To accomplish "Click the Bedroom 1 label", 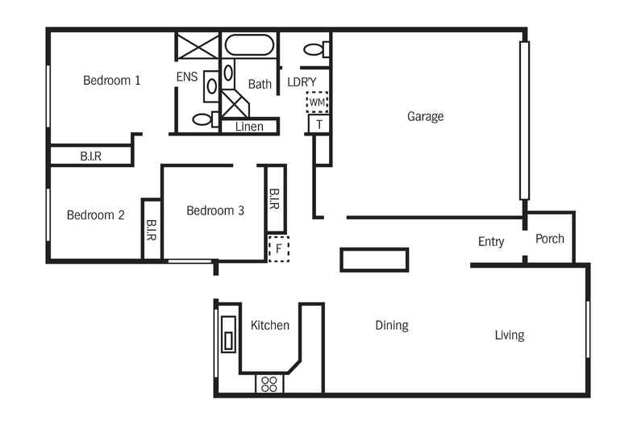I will (112, 81).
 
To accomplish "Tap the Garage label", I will (425, 117).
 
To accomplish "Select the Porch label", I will (550, 239).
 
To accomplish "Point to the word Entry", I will (491, 242).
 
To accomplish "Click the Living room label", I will (510, 335).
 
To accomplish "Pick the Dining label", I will (392, 326).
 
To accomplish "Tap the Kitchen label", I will (269, 326).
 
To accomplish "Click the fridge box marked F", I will (278, 248).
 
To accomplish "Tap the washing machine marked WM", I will (317, 102).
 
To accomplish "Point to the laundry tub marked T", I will (319, 124).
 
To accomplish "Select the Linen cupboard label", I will (249, 127).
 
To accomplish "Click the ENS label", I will (187, 77).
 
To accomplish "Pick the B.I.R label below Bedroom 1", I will (90, 156).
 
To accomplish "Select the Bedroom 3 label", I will (215, 211).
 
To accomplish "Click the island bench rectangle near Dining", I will (374, 260).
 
